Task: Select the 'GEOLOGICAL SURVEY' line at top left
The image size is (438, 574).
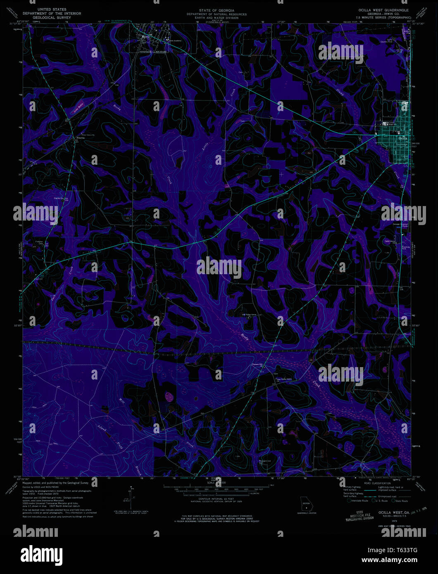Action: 52,18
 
